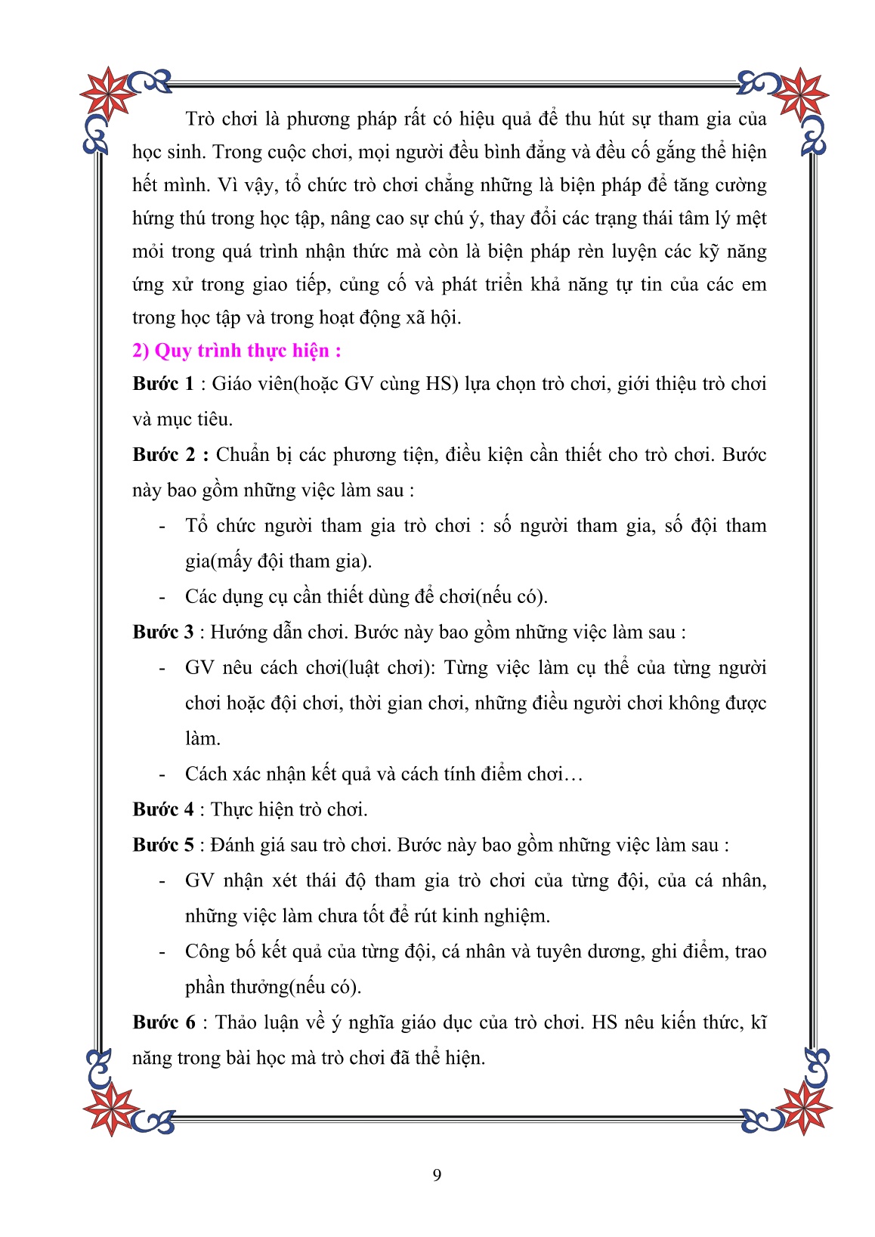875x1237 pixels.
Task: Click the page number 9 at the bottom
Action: (x=437, y=1174)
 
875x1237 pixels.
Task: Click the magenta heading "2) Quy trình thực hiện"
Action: (x=237, y=351)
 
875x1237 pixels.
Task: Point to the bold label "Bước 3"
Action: (x=162, y=632)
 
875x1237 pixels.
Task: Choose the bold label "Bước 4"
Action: (x=162, y=810)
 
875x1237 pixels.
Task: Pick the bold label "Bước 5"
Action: (x=162, y=846)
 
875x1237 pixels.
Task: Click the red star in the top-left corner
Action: (x=108, y=94)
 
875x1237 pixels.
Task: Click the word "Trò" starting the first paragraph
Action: (x=200, y=119)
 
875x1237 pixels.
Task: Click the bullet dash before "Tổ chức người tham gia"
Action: (x=162, y=526)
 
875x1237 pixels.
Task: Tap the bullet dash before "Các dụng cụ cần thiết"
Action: (x=162, y=597)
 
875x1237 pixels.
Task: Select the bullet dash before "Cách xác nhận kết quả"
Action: (x=162, y=775)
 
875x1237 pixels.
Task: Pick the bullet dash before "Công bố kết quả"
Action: (x=162, y=952)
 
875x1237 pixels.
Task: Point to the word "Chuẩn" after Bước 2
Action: (x=243, y=455)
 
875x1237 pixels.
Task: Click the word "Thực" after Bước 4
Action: (x=231, y=810)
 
